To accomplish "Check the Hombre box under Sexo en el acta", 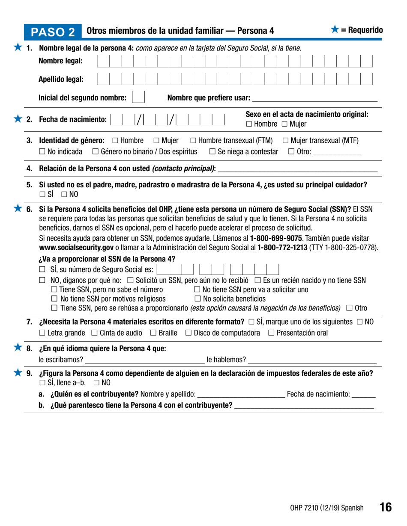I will point(249,124).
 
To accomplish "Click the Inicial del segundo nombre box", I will point(138,98).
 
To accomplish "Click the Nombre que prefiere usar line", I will point(315,99).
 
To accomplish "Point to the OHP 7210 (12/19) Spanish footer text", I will point(326,508).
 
